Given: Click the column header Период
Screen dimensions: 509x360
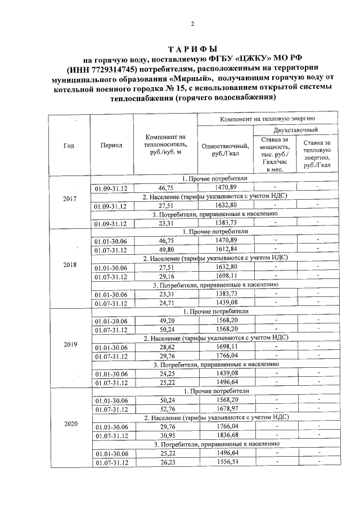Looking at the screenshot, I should tap(111, 145).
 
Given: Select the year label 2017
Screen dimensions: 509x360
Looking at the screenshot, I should tap(70, 199).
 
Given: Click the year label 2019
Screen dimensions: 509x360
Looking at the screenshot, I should tap(70, 344).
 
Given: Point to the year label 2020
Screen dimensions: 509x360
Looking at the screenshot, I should tap(70, 424).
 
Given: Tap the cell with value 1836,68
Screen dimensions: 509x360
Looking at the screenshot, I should tap(226, 436).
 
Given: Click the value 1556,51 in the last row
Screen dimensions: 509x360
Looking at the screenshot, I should tap(226, 462).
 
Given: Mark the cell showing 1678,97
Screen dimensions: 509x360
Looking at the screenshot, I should tap(226, 409).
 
